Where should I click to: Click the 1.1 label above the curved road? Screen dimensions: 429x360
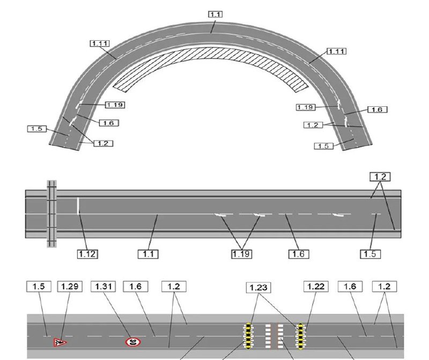(x=216, y=14)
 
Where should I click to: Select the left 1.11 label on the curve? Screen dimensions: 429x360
(x=100, y=43)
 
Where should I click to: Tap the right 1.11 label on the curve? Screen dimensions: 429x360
(x=337, y=51)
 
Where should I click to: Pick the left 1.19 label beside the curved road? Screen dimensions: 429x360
(x=115, y=105)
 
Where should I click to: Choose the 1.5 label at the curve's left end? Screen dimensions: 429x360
(x=37, y=129)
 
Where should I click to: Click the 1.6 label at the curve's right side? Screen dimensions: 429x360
(x=378, y=109)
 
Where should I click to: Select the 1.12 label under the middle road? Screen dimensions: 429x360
(x=87, y=254)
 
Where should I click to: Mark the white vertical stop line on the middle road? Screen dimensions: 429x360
(x=78, y=205)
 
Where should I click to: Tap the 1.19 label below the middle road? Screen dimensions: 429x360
(x=241, y=254)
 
